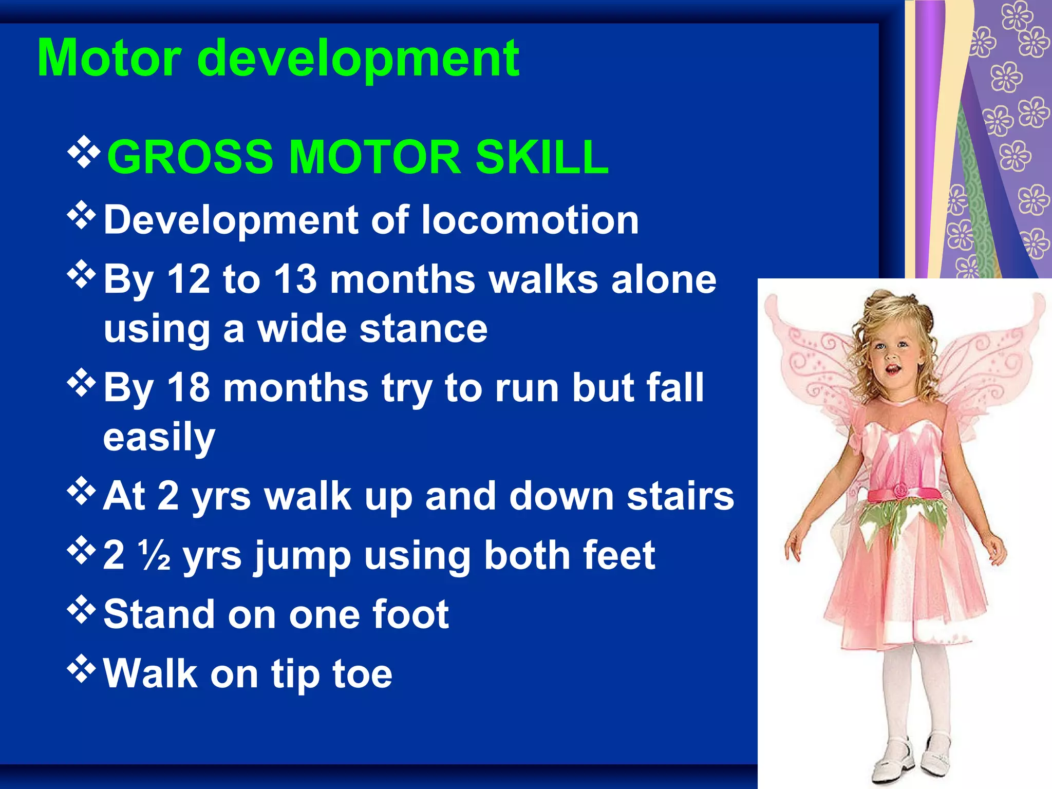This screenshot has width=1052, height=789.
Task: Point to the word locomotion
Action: [x=530, y=220]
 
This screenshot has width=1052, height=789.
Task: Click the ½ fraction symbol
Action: [x=155, y=556]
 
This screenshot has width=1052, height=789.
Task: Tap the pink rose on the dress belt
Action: [x=900, y=491]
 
